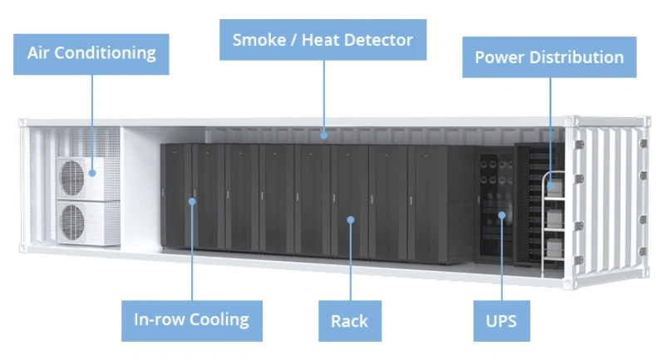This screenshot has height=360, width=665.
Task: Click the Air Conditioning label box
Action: click(91, 54)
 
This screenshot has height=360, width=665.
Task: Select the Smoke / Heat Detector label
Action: click(323, 40)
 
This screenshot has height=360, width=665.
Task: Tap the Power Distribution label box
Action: click(549, 57)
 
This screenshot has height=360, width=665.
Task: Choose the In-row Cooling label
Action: click(191, 319)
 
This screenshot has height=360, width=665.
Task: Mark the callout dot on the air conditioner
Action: click(92, 173)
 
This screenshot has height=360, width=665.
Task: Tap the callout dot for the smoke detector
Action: click(325, 132)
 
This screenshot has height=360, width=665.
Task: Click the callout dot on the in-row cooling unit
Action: click(192, 200)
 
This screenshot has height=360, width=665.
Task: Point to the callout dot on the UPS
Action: click(501, 216)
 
